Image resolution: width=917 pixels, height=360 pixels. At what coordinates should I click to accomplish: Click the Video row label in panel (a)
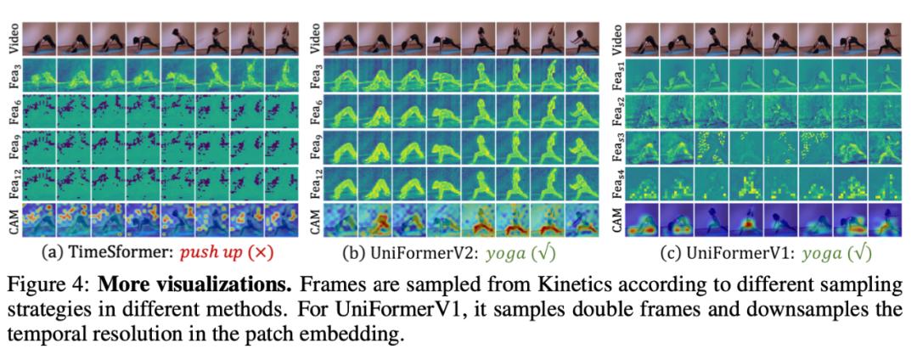tap(11, 39)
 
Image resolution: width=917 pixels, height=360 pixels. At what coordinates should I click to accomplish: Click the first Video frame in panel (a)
tap(39, 39)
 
